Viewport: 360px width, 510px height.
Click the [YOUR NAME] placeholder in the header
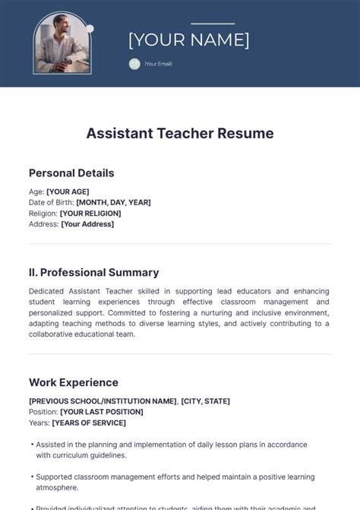click(188, 40)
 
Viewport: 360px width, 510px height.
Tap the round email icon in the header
click(134, 64)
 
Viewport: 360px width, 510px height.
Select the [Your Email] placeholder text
click(159, 64)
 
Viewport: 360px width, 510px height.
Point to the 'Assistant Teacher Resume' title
click(180, 133)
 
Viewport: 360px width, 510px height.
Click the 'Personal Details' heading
click(71, 173)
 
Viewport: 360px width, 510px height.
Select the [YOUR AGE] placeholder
click(68, 192)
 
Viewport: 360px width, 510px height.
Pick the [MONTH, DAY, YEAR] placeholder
click(113, 202)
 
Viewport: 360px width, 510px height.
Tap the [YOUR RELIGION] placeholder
click(90, 214)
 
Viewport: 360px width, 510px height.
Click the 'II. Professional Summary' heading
click(93, 272)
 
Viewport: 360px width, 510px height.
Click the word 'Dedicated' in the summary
click(49, 291)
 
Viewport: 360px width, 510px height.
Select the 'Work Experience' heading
click(74, 382)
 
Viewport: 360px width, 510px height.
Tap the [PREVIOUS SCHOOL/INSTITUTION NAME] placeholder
click(103, 401)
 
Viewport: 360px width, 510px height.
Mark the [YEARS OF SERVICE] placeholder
click(89, 423)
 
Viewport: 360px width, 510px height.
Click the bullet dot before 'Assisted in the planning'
click(32, 445)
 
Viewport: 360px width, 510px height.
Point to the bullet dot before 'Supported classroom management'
click(32, 477)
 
